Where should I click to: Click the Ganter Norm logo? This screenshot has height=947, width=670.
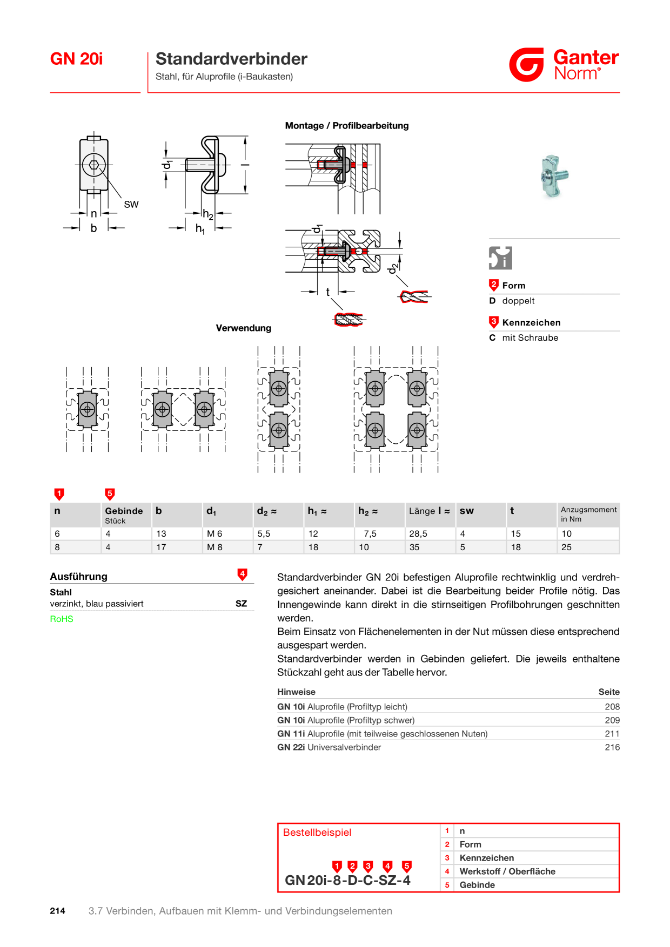564,65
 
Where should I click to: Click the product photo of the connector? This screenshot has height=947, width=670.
554,176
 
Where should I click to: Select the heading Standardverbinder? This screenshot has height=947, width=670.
231,58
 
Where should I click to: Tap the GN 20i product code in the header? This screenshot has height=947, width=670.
76,58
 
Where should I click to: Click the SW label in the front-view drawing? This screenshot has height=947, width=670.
131,204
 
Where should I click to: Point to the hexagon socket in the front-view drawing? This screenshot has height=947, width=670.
94,165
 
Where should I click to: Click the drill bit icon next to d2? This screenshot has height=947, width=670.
415,296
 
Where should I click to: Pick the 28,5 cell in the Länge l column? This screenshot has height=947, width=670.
418,533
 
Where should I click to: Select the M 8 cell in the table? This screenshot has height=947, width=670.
215,547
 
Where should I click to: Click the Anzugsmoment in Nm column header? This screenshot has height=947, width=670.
588,514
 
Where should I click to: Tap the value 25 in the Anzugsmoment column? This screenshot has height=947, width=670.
566,547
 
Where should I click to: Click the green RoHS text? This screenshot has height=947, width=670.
62,619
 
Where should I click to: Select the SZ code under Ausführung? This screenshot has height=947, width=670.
241,604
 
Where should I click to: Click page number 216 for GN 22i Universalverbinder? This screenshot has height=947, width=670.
612,747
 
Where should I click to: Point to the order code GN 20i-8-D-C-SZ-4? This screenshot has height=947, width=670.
347,880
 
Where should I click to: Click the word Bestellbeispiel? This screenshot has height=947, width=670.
317,833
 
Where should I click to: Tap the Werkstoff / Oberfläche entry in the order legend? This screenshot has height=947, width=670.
507,871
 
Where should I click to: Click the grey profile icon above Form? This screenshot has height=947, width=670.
500,258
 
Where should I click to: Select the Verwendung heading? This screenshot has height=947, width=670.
244,328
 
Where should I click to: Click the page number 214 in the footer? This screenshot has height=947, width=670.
58,911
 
